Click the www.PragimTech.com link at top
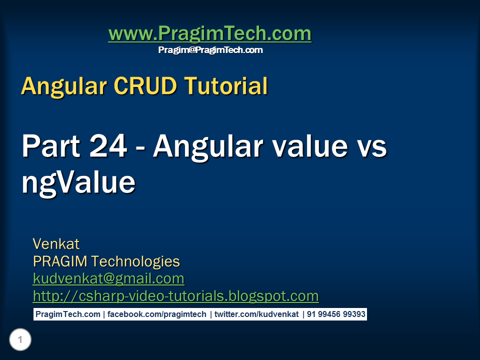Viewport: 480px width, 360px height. (x=209, y=34)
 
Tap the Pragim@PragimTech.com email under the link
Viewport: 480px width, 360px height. (x=210, y=50)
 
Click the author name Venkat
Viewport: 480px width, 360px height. (x=56, y=244)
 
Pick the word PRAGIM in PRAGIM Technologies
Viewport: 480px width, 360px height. (x=60, y=261)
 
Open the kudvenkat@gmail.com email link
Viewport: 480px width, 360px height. (x=108, y=278)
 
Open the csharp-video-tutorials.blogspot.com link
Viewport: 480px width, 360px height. (x=175, y=296)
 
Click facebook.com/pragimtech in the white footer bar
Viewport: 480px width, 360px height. (x=157, y=314)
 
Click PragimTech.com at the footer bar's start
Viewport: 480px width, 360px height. (x=68, y=314)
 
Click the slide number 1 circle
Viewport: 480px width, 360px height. (x=20, y=340)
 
